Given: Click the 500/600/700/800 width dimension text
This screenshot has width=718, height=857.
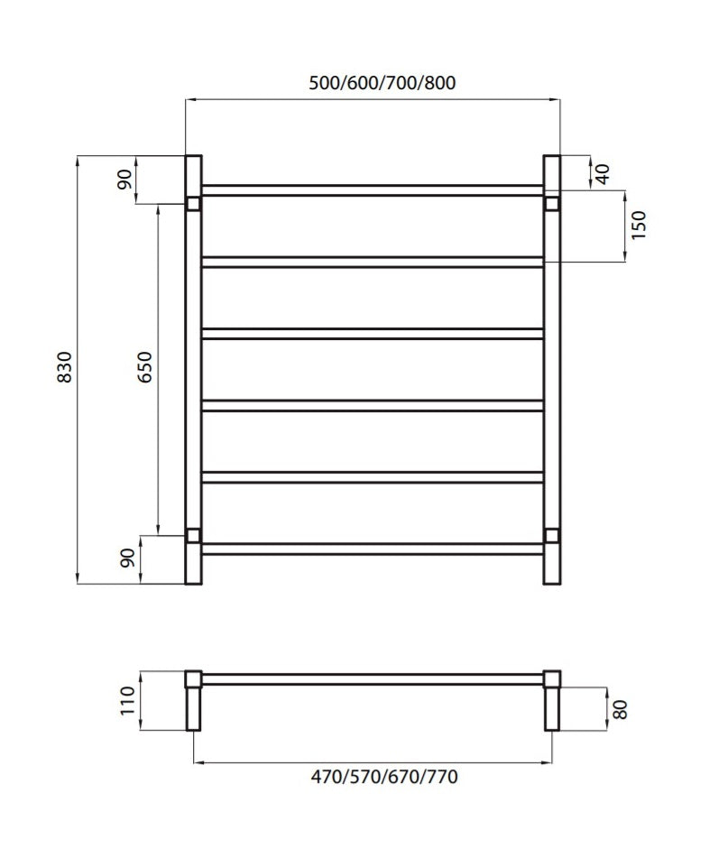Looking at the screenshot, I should [382, 84].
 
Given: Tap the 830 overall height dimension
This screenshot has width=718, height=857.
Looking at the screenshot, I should [63, 368].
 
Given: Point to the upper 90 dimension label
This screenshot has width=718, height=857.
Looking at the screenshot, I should [127, 180].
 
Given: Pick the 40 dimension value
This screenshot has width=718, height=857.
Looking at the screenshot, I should [603, 173].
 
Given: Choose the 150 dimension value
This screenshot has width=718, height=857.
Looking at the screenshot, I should [639, 226].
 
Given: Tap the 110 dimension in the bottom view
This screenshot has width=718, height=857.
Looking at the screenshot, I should [127, 700].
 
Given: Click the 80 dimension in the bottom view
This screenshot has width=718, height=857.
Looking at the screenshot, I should [619, 709].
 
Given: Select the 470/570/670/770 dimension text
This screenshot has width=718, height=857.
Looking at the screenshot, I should [373, 777].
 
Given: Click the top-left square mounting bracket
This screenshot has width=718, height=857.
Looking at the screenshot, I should [193, 203].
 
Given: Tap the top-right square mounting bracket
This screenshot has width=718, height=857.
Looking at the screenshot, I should [552, 203].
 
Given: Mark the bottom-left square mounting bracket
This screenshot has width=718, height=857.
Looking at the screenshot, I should [193, 536].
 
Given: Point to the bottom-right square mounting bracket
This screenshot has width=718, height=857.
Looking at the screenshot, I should [552, 536].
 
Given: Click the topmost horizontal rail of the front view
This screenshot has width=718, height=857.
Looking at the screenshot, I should [373, 190].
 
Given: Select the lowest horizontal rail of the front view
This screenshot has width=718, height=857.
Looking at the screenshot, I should [373, 548].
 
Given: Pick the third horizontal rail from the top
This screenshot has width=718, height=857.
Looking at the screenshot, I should [373, 333].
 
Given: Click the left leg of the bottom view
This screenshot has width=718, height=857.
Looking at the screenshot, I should [193, 709].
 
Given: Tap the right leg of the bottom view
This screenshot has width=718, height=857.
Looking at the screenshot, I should [552, 709].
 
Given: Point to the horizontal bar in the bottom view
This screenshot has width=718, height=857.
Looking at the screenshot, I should [373, 678].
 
